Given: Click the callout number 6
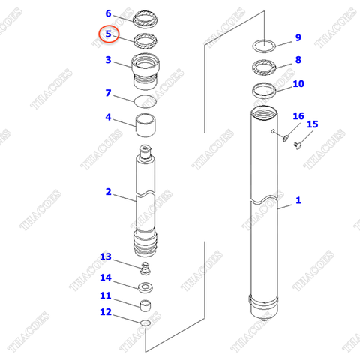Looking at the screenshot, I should pos(109,13).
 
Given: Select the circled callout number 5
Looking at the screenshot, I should pos(109,34).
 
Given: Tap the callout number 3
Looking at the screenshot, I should pos(109,60).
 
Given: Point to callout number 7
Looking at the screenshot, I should pos(109,94).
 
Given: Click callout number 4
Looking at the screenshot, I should pos(109,118).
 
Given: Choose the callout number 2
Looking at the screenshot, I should pos(109,192).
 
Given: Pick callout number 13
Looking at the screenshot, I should pos(106,257).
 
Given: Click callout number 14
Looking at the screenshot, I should pos(106,277).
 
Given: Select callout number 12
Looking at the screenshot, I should pos(106,312).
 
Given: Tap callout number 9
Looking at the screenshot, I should pos(298,37).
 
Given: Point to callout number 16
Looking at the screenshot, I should pos(298,116).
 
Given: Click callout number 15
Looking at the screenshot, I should pos(313,124).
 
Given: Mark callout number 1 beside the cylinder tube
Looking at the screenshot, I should pos(298,200).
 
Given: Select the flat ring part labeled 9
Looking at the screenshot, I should pos(265,45).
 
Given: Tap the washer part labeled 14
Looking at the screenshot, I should pos(145,286).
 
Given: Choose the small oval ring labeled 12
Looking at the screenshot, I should pos(145,322).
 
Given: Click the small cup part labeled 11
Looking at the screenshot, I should pos(145,304).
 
